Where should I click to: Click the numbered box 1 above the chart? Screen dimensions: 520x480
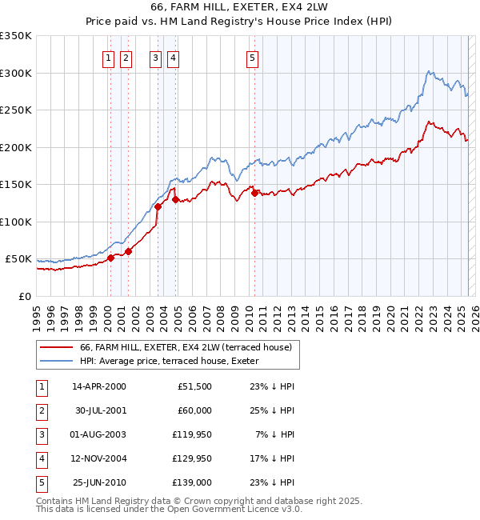(x=108, y=58)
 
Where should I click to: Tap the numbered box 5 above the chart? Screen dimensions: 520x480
(x=252, y=58)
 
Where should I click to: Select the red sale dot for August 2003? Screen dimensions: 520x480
(x=158, y=206)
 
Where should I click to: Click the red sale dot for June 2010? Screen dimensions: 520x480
(x=254, y=193)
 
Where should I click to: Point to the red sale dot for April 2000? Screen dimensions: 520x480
(x=111, y=258)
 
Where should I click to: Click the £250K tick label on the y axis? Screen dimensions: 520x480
(x=16, y=110)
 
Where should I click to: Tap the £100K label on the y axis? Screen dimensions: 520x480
(x=16, y=222)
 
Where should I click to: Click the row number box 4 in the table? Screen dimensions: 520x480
(x=41, y=458)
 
